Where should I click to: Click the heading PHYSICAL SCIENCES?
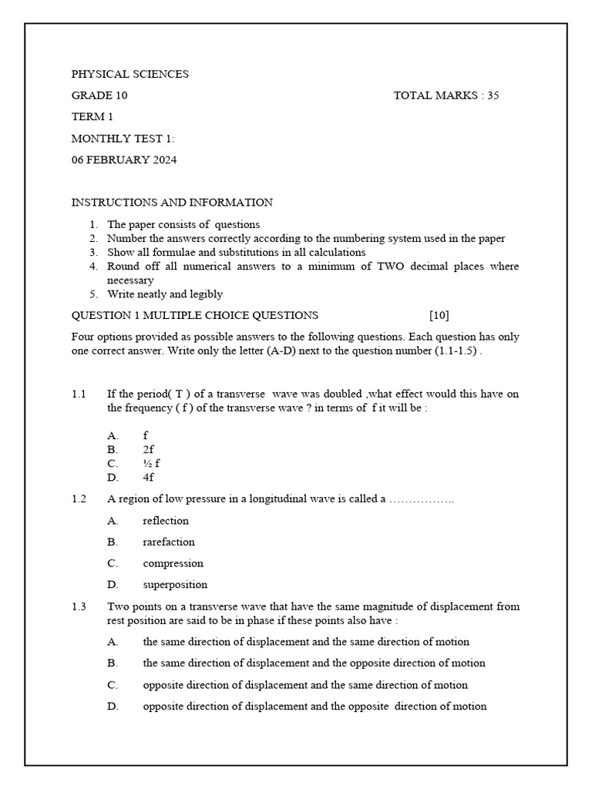click(x=129, y=74)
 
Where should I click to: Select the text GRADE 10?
click(x=99, y=96)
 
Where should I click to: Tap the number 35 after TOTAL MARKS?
click(x=493, y=96)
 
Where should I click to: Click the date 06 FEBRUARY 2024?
click(x=124, y=160)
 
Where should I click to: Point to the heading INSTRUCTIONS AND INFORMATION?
click(x=172, y=203)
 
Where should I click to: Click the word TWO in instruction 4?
click(x=383, y=267)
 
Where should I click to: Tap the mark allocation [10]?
click(x=439, y=315)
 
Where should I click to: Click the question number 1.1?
click(x=79, y=394)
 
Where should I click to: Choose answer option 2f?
click(x=148, y=449)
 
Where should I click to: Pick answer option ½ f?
click(x=151, y=463)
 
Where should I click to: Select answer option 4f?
click(x=148, y=477)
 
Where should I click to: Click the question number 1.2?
click(x=79, y=499)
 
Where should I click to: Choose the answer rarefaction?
click(x=169, y=542)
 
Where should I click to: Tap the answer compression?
click(x=173, y=563)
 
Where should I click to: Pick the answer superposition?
click(x=175, y=585)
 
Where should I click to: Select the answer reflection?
click(x=166, y=521)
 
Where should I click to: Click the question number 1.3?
click(x=79, y=606)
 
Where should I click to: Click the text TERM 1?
click(x=92, y=117)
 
